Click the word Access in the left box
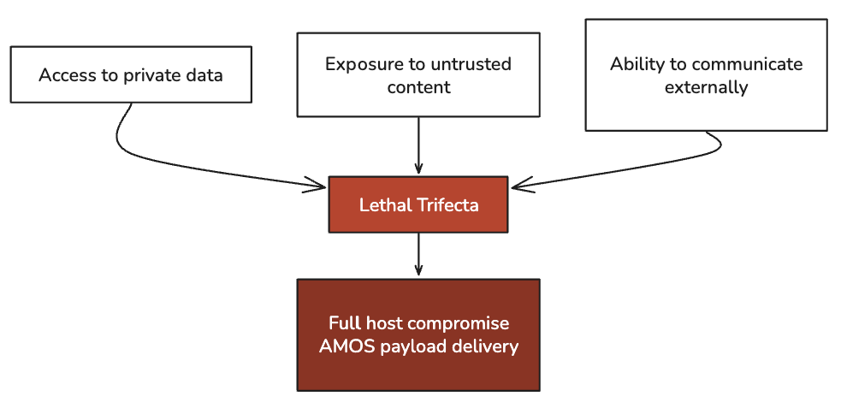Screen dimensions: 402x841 tap(66, 75)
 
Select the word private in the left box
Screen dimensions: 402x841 tap(151, 75)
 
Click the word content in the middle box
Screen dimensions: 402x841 tap(418, 86)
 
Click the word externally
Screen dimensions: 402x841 tap(707, 86)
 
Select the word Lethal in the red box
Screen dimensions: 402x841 tap(383, 205)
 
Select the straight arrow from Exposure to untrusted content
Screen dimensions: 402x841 tap(418, 145)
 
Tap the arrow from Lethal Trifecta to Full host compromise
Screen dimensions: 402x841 tap(418, 254)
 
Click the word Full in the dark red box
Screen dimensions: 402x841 tap(344, 323)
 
